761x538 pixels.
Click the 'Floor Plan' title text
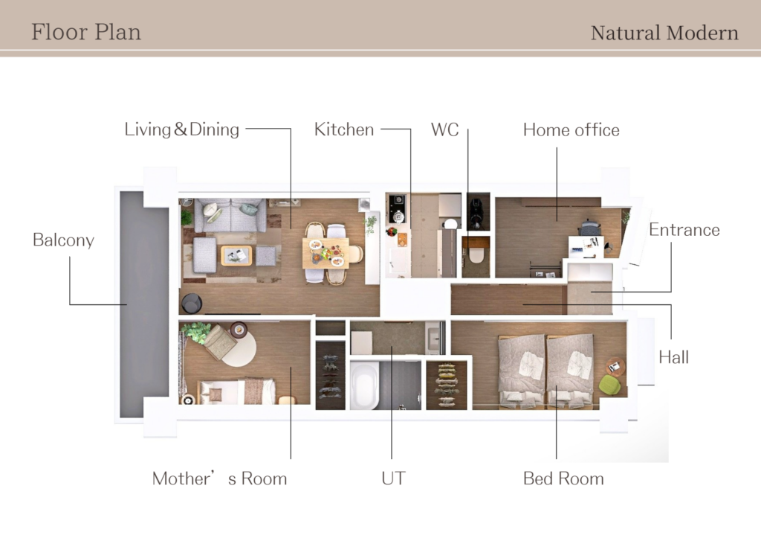click(x=86, y=32)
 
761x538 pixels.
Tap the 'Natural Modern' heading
click(x=664, y=33)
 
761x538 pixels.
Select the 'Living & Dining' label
click(x=182, y=129)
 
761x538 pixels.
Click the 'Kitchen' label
click(x=344, y=129)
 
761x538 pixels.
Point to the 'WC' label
click(x=444, y=129)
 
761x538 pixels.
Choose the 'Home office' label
click(x=571, y=130)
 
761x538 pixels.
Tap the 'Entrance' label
click(x=684, y=230)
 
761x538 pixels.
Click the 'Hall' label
click(x=673, y=357)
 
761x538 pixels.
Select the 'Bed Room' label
click(x=563, y=478)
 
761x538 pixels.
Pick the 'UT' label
click(x=393, y=478)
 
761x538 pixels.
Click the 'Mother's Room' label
click(x=219, y=478)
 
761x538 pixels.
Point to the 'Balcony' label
click(x=64, y=240)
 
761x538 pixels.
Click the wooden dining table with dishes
click(x=326, y=253)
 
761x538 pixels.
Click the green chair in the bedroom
click(x=610, y=385)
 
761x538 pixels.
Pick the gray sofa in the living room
click(x=230, y=215)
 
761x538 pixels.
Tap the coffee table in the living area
click(x=236, y=256)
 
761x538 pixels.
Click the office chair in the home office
click(x=590, y=227)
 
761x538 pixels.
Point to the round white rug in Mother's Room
click(x=240, y=348)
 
